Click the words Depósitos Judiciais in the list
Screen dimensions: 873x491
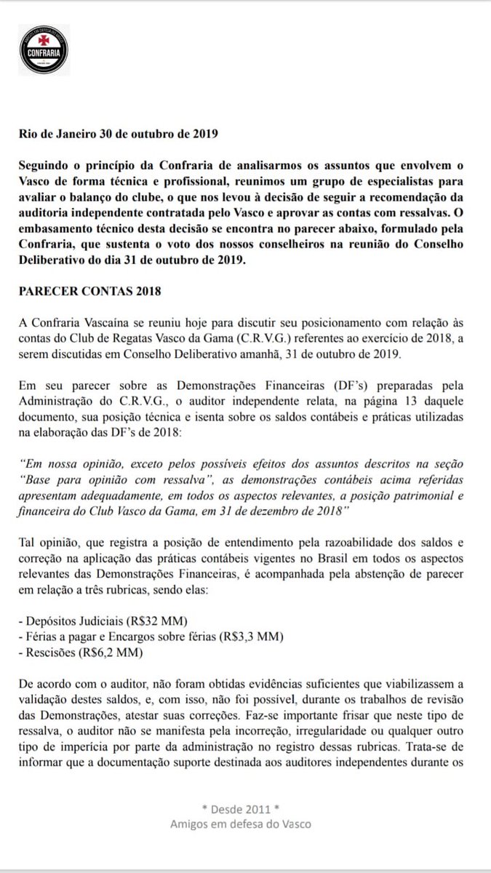coord(71,621)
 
